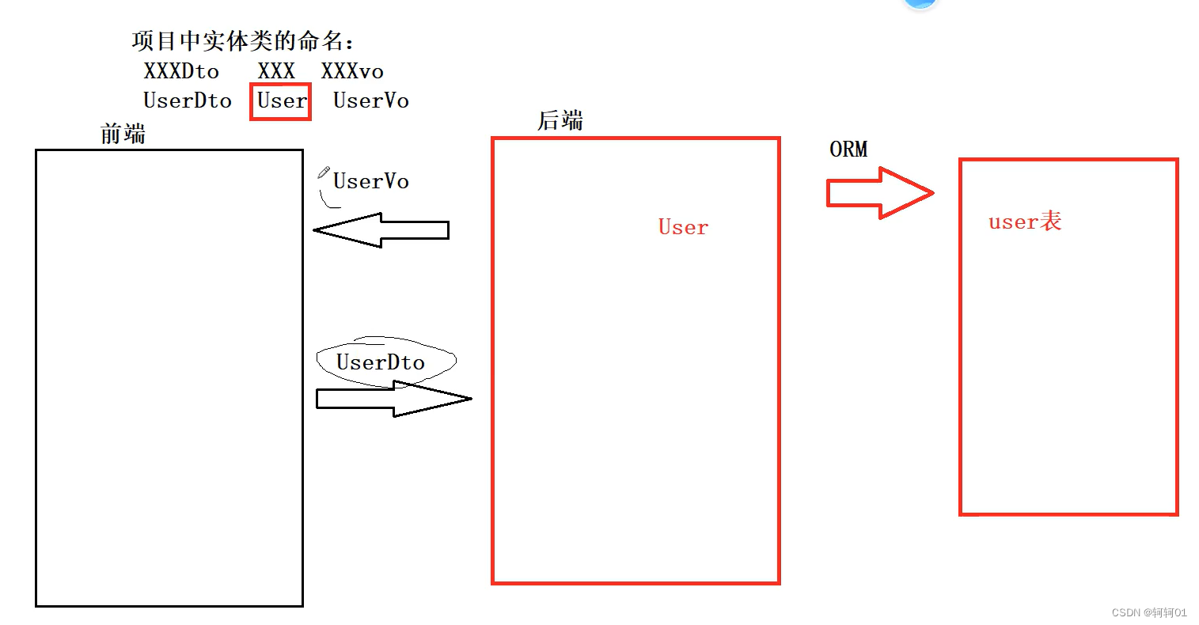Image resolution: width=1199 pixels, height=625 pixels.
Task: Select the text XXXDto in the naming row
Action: click(x=181, y=71)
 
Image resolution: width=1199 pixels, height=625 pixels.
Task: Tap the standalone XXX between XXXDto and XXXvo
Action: click(x=276, y=71)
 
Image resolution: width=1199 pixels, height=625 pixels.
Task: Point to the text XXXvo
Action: click(x=352, y=71)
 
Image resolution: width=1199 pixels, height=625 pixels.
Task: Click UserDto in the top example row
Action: click(x=188, y=100)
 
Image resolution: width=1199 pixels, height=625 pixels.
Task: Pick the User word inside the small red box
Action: click(x=281, y=101)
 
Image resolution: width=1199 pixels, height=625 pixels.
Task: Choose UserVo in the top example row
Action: click(x=370, y=100)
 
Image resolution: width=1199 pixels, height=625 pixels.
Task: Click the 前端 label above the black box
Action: click(x=123, y=134)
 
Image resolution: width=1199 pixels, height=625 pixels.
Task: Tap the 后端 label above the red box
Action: click(x=560, y=121)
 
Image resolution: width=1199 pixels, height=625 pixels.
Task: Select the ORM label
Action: click(x=848, y=149)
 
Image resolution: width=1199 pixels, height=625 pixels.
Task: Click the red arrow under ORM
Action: click(x=879, y=193)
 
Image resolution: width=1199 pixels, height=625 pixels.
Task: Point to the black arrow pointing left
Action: click(x=381, y=230)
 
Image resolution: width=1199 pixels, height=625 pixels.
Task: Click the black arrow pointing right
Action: click(x=393, y=399)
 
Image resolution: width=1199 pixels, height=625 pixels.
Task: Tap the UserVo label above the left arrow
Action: click(x=370, y=181)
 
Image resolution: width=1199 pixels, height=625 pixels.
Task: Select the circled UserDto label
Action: click(x=381, y=362)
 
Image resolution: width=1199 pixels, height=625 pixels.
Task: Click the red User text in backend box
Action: click(x=683, y=227)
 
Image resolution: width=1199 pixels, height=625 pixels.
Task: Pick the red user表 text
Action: click(x=1025, y=222)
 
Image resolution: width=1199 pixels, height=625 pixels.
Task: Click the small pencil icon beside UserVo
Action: click(x=324, y=172)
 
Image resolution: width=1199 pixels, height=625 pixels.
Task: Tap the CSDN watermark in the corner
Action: click(x=1149, y=612)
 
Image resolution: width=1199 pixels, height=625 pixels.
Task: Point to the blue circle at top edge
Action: click(x=920, y=3)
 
